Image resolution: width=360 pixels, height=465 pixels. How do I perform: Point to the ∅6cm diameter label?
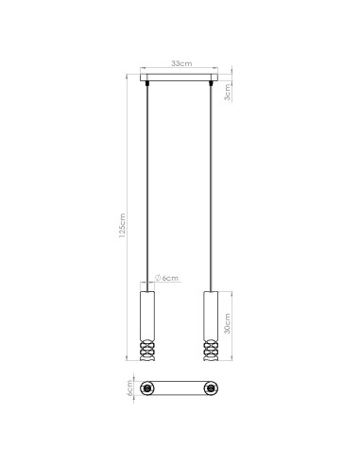pyautogui.click(x=168, y=278)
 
